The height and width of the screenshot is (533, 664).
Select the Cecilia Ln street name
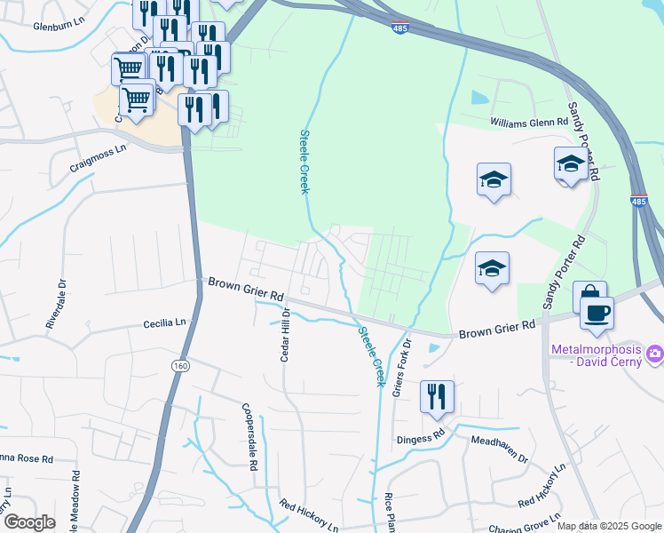[x=166, y=323]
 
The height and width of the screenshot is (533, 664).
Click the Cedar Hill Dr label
[x=286, y=337]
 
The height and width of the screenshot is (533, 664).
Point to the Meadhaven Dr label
[x=500, y=447]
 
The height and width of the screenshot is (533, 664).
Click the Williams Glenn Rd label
[x=529, y=122]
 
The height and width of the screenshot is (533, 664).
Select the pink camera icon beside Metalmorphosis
[x=655, y=354]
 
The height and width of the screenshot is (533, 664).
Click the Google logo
[x=29, y=522]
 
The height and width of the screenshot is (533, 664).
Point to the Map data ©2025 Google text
[x=609, y=526]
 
